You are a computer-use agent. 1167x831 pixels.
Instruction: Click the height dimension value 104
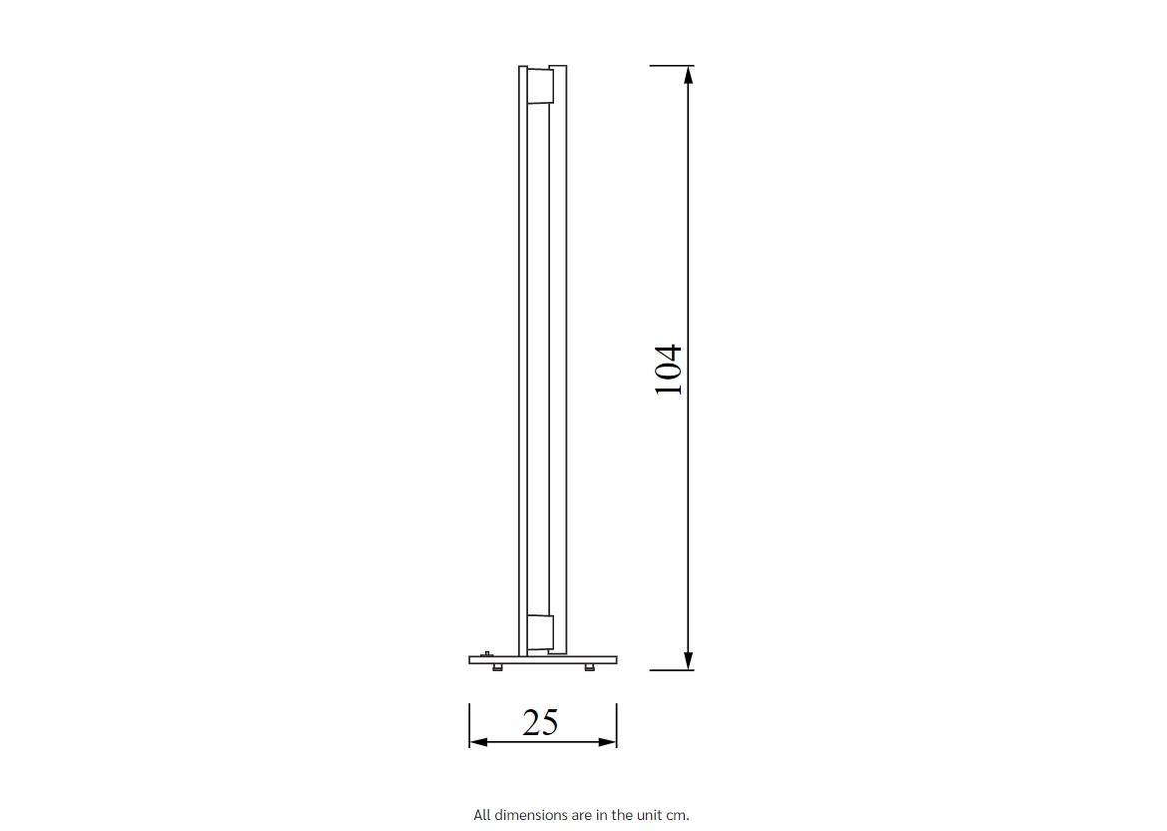point(668,370)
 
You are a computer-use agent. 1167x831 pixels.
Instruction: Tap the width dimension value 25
point(540,722)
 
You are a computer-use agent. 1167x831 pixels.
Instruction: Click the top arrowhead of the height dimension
point(689,75)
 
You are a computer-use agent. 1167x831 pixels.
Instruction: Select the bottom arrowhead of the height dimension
point(689,660)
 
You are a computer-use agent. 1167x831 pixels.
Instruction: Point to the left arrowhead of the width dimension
point(478,742)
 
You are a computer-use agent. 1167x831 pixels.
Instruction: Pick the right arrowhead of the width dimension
point(607,742)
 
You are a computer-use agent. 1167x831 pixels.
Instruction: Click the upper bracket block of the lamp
point(540,85)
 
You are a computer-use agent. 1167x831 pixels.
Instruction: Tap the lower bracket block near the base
point(540,633)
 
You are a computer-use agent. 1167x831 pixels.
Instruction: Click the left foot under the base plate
point(497,667)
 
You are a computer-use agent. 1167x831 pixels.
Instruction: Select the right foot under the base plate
point(589,667)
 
